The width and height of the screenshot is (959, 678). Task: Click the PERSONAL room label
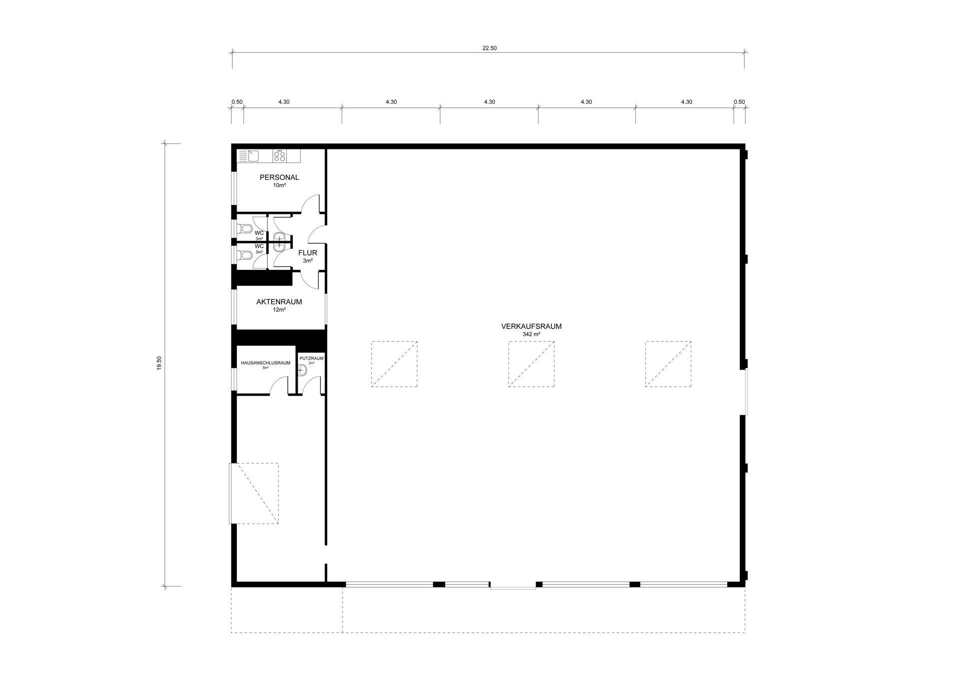279,177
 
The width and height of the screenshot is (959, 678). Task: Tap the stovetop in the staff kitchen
280,156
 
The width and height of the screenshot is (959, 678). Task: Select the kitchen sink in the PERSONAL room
253,156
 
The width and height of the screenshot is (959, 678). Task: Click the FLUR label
308,253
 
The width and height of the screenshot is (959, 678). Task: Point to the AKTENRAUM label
279,302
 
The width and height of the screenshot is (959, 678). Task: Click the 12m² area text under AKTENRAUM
279,310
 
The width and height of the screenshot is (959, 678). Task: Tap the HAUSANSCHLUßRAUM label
266,363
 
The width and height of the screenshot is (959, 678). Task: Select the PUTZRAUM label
312,358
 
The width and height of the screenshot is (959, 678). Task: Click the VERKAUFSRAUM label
531,326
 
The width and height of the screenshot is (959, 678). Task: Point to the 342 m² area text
531,334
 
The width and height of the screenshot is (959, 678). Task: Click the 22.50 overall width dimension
489,48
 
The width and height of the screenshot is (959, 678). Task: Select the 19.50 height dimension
159,363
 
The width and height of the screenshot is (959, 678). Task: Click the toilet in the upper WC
245,229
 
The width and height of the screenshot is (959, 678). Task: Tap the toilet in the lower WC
245,256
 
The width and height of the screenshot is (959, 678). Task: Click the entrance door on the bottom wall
513,586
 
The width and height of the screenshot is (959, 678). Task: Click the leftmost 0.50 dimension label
237,102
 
